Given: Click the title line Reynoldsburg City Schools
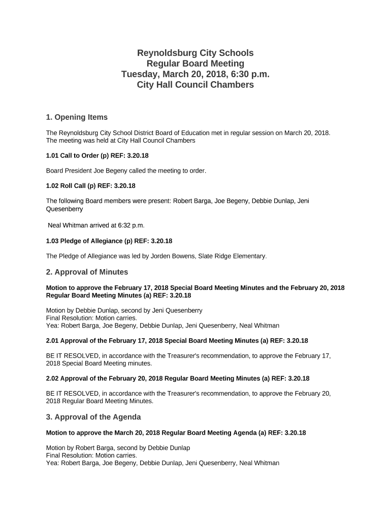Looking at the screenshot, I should (195, 53).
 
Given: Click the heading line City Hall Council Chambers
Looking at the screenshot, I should (195, 85).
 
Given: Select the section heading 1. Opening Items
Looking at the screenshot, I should (77, 117).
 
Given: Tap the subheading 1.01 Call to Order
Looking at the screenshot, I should (101, 155).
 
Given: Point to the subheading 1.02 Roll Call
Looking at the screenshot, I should (90, 186).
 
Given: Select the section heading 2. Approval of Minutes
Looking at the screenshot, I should (87, 272).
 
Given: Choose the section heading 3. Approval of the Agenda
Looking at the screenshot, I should (93, 417).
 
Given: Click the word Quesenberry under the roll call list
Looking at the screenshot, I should (64, 209).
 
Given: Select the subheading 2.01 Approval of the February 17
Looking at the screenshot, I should (177, 341).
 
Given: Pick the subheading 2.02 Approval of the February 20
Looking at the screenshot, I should (177, 378).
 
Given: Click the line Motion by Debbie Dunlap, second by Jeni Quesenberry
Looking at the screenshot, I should (124, 310).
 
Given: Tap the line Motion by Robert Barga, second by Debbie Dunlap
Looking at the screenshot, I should (118, 448).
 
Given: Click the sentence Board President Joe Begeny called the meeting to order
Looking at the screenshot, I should (126, 171).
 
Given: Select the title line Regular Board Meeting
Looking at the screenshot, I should (195, 63).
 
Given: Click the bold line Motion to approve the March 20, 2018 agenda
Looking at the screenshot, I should (176, 433).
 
